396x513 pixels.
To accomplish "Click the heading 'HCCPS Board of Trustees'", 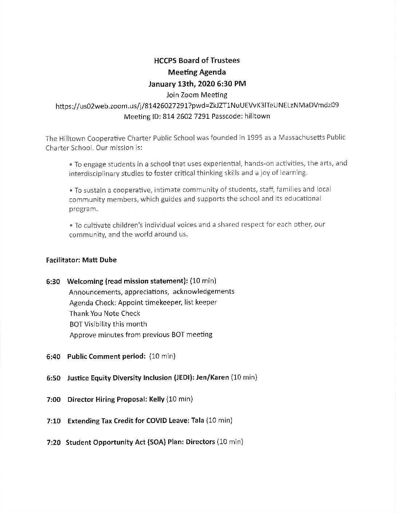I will pyautogui.click(x=197, y=60).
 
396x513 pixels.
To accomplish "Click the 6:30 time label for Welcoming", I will pyautogui.click(x=53, y=282).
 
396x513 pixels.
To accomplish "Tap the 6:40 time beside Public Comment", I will pyautogui.click(x=53, y=357).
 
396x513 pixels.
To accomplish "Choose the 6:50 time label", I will pyautogui.click(x=53, y=378).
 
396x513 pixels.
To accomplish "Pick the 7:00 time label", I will pyautogui.click(x=53, y=400).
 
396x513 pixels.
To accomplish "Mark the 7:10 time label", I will pyautogui.click(x=53, y=421).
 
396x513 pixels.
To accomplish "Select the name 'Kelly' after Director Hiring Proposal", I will pyautogui.click(x=157, y=399).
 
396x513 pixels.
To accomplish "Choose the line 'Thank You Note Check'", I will pyautogui.click(x=105, y=314).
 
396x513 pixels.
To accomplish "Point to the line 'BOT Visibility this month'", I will pyautogui.click(x=108, y=324).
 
